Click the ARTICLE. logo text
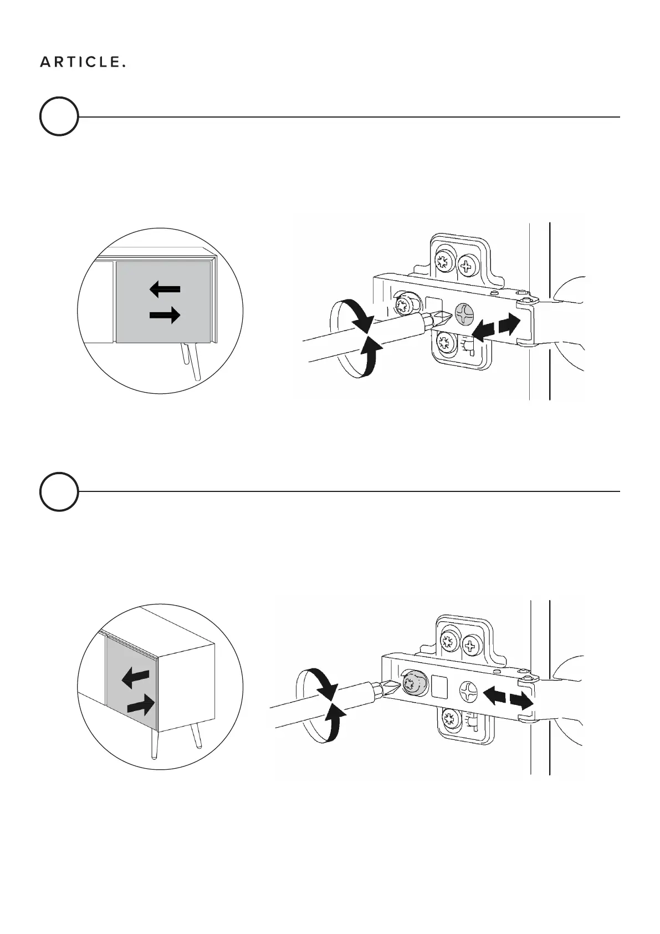click(x=83, y=63)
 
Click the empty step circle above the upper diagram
click(x=59, y=116)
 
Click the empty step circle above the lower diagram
click(x=59, y=491)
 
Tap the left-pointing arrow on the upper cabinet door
click(x=165, y=288)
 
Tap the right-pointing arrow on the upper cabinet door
click(x=165, y=316)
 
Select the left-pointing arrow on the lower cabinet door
click(x=135, y=677)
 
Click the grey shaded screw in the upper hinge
click(x=464, y=314)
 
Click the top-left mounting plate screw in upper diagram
click(x=443, y=261)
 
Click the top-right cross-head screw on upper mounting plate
click(x=468, y=266)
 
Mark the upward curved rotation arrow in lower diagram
click(x=334, y=721)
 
